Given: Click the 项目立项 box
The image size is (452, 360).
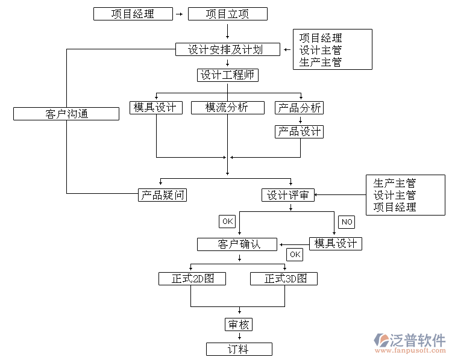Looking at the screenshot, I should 227,14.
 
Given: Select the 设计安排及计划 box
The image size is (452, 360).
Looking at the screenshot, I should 227,49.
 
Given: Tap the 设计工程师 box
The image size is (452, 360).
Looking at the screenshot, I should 227,75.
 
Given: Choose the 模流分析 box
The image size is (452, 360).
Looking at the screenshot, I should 227,108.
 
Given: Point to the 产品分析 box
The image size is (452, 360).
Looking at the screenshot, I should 299,108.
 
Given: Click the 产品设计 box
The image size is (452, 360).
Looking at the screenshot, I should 299,131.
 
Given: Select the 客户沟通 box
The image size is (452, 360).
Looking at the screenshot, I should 66,113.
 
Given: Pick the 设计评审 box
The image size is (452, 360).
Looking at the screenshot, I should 288,195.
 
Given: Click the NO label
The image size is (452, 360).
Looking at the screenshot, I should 347,222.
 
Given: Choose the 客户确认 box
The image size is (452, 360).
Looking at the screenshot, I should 237,244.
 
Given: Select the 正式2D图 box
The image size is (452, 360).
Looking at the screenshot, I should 192,279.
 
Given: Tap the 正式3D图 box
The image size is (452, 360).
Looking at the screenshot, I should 283,279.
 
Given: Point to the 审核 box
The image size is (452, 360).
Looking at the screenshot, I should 239,324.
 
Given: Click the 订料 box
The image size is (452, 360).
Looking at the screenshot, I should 239,349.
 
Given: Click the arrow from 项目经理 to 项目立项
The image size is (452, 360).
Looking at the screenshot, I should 178,14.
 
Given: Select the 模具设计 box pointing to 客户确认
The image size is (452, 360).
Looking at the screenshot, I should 336,244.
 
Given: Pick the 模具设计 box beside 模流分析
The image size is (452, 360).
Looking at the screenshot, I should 155,108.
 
